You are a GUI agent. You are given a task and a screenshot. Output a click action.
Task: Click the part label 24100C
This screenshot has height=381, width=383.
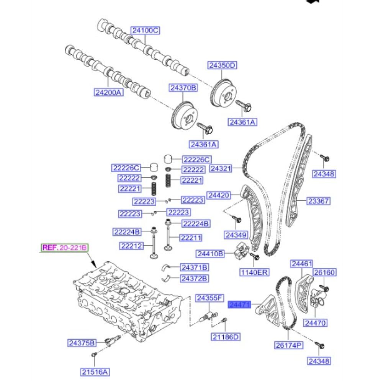click(145, 30)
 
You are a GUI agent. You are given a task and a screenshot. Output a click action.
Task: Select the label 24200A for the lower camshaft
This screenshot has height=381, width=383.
click(109, 92)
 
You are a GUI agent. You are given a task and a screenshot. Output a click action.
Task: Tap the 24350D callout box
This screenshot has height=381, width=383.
click(222, 65)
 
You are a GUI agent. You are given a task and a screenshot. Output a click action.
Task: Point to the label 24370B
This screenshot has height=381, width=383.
click(183, 88)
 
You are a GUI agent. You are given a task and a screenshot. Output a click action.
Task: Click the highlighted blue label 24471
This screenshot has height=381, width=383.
click(239, 305)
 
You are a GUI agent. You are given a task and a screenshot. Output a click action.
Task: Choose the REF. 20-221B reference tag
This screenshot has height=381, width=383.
click(65, 247)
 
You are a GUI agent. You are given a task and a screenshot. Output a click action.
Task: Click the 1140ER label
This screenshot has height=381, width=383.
click(254, 272)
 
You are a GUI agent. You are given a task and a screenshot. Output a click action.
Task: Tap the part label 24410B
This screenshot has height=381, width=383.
click(210, 253)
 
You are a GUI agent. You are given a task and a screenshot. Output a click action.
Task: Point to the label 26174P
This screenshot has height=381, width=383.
click(288, 345)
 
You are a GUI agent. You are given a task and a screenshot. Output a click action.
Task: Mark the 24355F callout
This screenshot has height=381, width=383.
click(209, 298)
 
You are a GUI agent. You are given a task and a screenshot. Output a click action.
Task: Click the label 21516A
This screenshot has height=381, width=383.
click(95, 371)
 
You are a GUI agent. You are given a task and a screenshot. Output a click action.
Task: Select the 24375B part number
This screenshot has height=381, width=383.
click(82, 343)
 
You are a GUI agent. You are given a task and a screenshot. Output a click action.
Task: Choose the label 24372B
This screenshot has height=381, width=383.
click(194, 278)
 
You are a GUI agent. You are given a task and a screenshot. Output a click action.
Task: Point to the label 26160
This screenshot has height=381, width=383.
click(324, 273)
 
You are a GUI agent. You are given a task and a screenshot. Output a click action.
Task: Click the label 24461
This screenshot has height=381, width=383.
click(302, 264)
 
